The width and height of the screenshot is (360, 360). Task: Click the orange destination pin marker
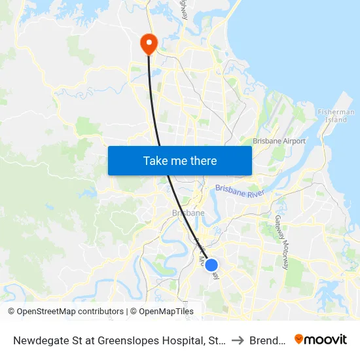tap(149, 43)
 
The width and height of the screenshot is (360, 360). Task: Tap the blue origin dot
tap(211, 265)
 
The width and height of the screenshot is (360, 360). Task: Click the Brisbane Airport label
tap(279, 141)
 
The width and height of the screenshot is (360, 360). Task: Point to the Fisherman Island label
tap(336, 116)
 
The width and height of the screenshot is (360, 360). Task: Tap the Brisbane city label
tap(188, 213)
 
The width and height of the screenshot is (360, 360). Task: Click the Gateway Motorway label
tap(281, 242)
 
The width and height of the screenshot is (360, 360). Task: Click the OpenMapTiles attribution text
tap(162, 312)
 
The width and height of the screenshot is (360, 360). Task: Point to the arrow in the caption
tap(237, 340)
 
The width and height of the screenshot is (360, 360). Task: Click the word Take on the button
tap(156, 160)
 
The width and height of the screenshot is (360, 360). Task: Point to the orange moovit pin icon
tap(299, 339)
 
